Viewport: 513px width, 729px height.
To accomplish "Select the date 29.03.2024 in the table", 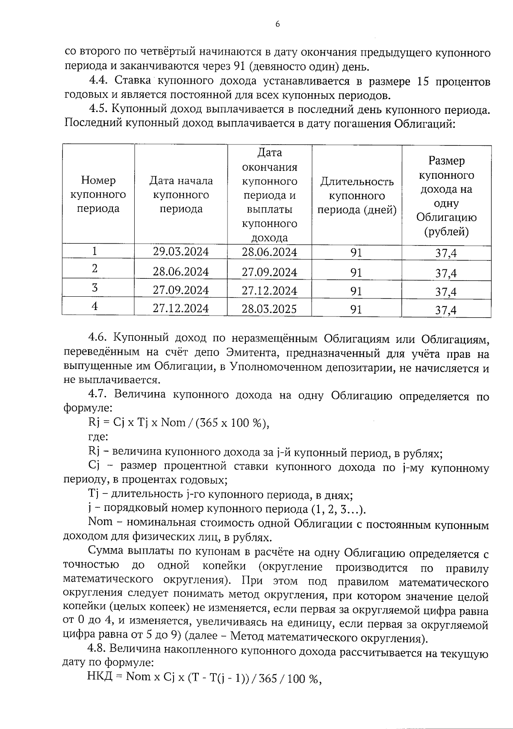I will coord(181,251).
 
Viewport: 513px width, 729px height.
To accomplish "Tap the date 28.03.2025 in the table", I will coord(269,309).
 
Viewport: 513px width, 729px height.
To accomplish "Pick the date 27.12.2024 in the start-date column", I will coord(181,309).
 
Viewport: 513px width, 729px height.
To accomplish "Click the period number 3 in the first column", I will coord(94,288).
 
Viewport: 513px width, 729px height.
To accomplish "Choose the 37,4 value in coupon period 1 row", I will coord(446,253).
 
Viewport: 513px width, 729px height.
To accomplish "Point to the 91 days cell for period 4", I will coord(356,309).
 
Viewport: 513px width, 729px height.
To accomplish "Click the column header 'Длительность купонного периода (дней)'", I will coord(357,196).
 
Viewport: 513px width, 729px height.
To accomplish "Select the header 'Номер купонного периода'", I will coord(98,195).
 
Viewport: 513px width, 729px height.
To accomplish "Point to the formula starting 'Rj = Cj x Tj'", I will coord(179,423).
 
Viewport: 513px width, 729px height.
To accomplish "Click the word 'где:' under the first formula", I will coord(97,437).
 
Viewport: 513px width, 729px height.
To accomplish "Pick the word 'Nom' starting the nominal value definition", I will coord(100,522).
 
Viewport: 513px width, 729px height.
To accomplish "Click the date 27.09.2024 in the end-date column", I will coord(269,272).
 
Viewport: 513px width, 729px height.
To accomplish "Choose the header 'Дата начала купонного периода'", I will coord(181,195).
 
